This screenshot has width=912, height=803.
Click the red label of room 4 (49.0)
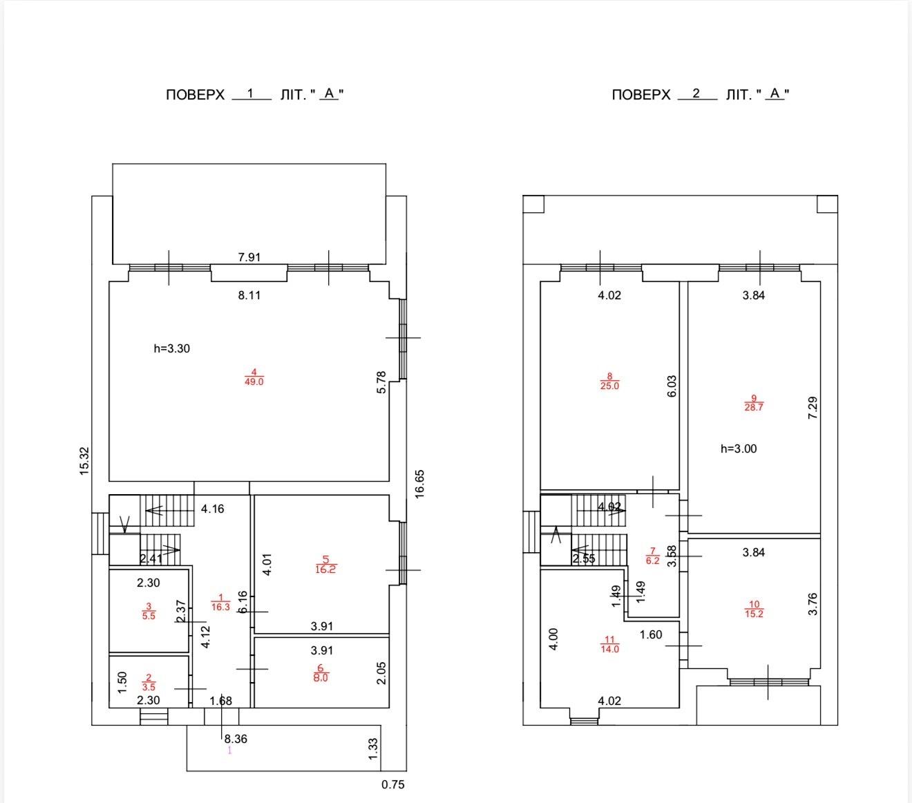click(254, 377)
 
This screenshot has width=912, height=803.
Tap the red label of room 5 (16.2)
click(325, 565)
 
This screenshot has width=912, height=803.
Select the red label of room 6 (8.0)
click(321, 673)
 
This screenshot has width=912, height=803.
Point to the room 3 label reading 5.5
click(149, 611)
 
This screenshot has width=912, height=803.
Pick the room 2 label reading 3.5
click(149, 682)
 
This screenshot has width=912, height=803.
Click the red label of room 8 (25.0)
click(609, 381)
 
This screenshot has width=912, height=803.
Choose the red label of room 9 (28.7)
click(754, 403)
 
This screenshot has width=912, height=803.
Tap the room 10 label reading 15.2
click(754, 609)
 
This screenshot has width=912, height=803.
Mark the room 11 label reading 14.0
click(609, 644)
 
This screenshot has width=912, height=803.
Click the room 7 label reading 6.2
click(652, 556)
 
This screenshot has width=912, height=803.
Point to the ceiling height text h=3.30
click(171, 348)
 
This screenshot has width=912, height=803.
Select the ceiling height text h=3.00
click(739, 448)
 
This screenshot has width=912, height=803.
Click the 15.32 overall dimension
click(84, 461)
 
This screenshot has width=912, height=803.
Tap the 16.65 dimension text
click(419, 484)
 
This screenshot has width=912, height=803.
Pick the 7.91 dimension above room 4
click(249, 257)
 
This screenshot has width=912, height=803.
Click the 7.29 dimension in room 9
click(813, 408)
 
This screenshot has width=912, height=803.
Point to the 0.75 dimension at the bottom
click(393, 784)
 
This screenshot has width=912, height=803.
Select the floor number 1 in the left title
click(250, 93)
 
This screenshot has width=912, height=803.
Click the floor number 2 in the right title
click(696, 93)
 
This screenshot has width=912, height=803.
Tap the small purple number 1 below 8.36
click(229, 750)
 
